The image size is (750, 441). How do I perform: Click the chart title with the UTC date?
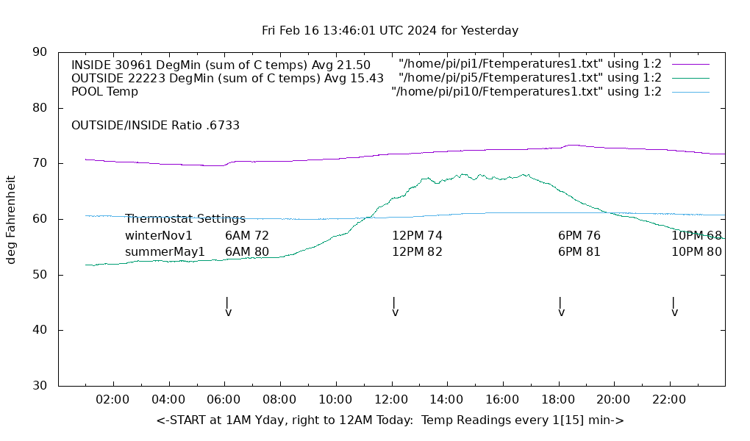pos(390,31)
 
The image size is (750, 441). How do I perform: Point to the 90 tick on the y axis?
pos(40,52)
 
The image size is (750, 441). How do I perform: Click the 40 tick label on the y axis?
pos(40,330)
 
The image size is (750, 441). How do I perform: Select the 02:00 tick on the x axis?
pos(113,399)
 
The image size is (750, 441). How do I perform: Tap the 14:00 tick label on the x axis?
pos(446,399)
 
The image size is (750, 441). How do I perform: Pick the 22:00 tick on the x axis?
pos(669,399)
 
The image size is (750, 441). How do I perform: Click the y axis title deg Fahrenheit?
pos(11,219)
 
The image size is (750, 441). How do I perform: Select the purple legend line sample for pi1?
pos(690,65)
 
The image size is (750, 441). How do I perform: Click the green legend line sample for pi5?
pos(690,78)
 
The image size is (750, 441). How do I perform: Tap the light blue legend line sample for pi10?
pos(690,92)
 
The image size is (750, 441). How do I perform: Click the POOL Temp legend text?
pos(104,92)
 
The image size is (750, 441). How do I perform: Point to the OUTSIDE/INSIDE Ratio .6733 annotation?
pos(155,126)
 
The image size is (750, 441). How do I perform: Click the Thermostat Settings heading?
pos(185,219)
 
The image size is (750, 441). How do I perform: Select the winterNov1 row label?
pos(159,236)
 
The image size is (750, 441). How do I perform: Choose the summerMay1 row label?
pos(165,252)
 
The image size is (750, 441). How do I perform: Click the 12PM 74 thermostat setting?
pos(417,236)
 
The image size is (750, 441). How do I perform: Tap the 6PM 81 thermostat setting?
pos(579,252)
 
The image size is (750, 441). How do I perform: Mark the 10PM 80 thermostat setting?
pos(696,252)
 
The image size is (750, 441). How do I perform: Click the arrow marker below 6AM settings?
pos(228,306)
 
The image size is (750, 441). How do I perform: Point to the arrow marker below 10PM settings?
pos(674,306)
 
